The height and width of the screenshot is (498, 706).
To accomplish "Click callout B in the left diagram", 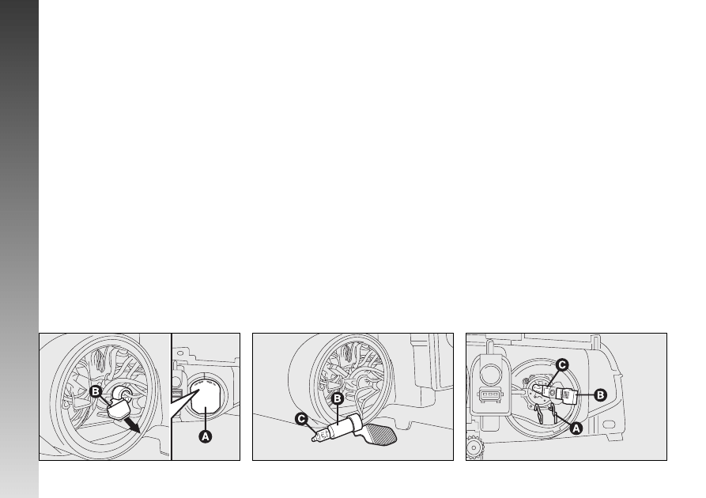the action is [95, 391].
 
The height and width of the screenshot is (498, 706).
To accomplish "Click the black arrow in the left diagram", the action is [133, 425].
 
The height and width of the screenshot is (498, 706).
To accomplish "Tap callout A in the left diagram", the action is [206, 436].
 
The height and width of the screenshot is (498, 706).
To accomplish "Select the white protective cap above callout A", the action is [205, 396].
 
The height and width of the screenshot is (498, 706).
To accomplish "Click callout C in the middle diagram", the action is [301, 419].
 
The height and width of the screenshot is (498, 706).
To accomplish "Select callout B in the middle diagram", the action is [338, 398].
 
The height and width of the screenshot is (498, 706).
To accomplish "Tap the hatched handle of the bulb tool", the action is [382, 434].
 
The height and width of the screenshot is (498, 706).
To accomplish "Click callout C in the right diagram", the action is [562, 364].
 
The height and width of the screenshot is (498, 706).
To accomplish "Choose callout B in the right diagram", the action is [600, 395].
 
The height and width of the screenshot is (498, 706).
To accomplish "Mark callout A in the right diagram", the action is [576, 428].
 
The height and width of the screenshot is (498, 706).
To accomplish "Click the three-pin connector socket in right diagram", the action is [490, 394].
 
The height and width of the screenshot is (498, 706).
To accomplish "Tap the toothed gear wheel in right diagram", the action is [474, 447].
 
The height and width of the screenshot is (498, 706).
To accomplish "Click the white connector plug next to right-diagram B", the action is [569, 395].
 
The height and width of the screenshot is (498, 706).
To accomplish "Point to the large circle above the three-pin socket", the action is [489, 373].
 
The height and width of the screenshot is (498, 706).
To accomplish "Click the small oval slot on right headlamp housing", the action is [609, 424].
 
